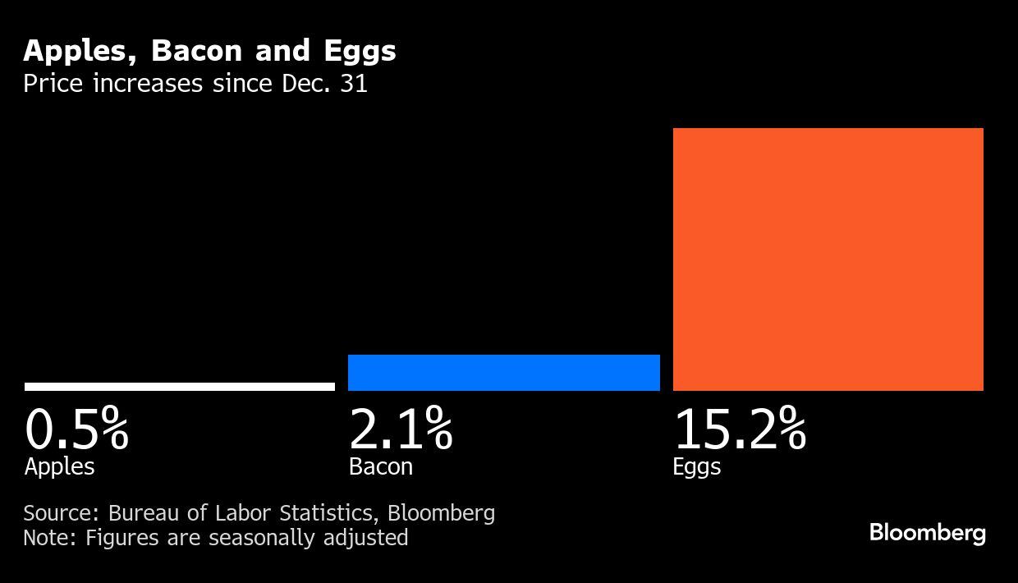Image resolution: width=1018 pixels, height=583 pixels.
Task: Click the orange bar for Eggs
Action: [828, 259]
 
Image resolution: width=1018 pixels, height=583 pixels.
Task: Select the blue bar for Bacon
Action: [503, 373]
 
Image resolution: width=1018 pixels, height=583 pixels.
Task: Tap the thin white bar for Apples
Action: [179, 387]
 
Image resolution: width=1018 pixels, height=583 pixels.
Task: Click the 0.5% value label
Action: [76, 429]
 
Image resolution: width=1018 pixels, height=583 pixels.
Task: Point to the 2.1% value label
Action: [401, 429]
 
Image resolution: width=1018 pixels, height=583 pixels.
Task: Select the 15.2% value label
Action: [739, 429]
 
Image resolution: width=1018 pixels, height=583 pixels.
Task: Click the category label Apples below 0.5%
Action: [59, 467]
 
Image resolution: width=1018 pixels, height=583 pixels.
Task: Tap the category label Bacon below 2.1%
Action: [380, 466]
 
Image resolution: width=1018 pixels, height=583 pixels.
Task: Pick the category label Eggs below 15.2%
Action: [696, 467]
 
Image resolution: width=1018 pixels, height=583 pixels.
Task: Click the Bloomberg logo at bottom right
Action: [927, 533]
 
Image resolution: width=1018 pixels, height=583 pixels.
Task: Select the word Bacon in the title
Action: [196, 51]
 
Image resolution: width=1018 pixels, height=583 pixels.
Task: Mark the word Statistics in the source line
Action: [328, 513]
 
